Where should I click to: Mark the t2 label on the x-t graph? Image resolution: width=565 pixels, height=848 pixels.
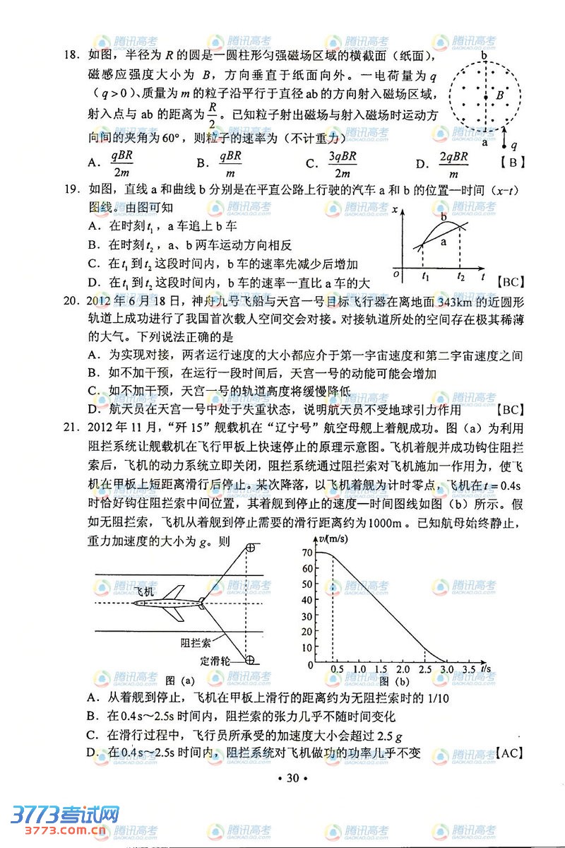click(460, 276)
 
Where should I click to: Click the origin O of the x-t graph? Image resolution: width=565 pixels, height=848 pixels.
click(397, 274)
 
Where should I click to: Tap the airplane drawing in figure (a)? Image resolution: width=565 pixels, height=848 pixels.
click(171, 603)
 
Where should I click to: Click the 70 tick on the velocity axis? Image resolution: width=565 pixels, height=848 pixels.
click(307, 552)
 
